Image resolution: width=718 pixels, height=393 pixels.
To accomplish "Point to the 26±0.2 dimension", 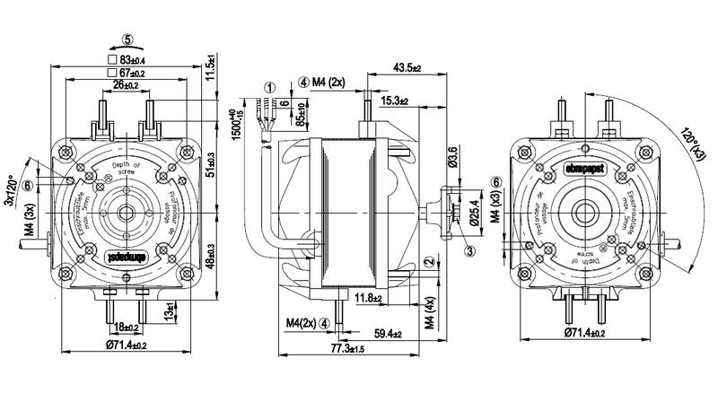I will (127, 85).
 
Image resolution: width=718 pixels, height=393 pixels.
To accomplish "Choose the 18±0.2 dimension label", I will (127, 328).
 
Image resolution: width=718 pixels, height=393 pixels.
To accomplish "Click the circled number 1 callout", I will (269, 88).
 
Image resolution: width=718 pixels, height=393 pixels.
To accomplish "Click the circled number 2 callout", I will (430, 261).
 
